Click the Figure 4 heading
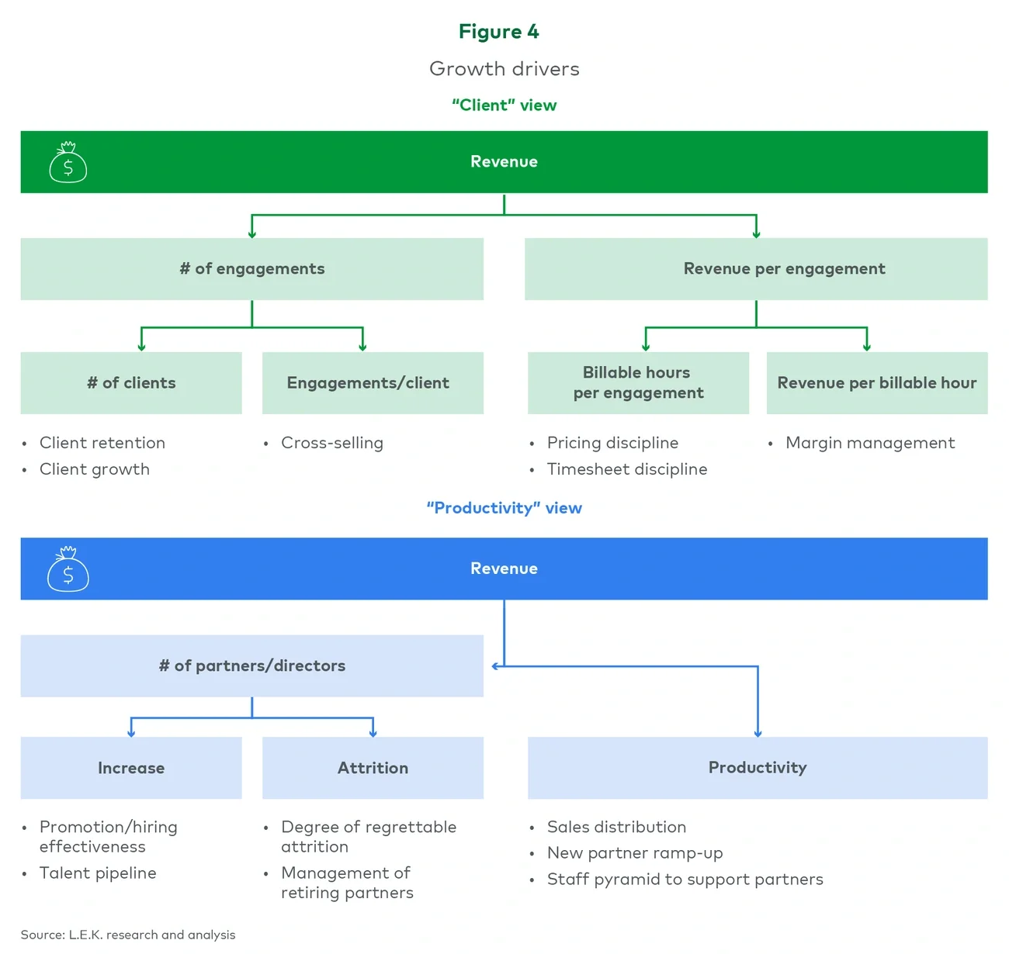[498, 32]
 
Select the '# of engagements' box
[251, 269]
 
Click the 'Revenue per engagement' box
[756, 269]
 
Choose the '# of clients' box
[131, 383]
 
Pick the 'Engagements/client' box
[373, 383]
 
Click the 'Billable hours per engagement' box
[638, 383]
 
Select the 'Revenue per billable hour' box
[877, 383]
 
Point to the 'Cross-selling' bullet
[331, 443]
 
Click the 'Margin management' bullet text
[869, 443]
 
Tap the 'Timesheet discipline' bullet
[626, 469]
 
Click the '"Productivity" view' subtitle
[504, 508]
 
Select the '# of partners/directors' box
[251, 665]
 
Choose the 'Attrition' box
[373, 768]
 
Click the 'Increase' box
[131, 768]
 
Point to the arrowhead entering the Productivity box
[758, 733]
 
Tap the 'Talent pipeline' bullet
[98, 873]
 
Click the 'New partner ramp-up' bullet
[634, 853]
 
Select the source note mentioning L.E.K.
[128, 935]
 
